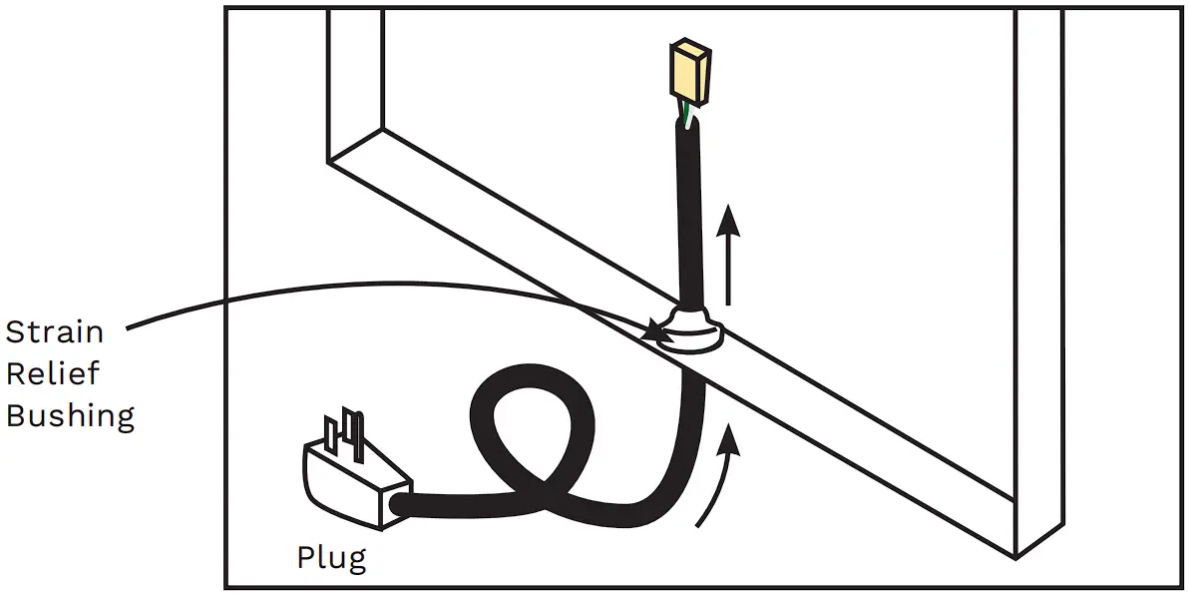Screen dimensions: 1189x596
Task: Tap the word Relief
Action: tap(52, 373)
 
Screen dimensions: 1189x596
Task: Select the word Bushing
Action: tap(70, 414)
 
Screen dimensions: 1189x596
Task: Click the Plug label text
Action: tap(331, 557)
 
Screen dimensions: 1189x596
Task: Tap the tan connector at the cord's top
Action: tap(690, 76)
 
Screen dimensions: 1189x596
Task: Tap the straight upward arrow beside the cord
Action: tap(730, 255)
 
